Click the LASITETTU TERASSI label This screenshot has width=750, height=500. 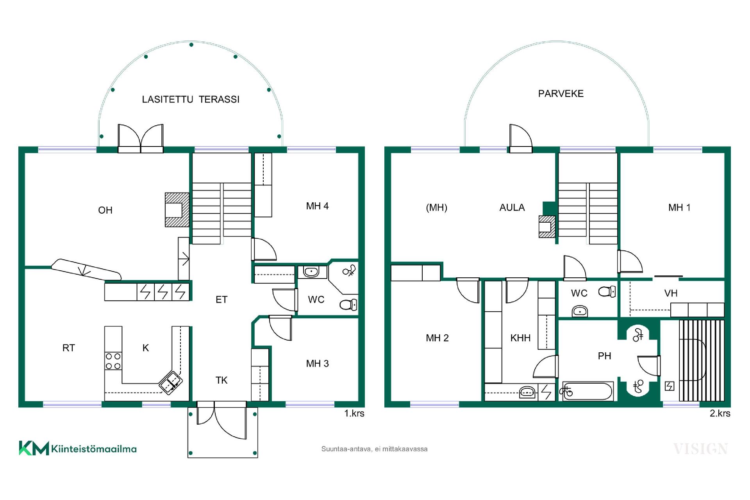[191, 99]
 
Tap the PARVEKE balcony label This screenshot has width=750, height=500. [561, 93]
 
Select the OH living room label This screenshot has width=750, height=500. [105, 210]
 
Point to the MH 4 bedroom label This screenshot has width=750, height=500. [317, 206]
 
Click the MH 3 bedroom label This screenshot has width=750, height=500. [317, 364]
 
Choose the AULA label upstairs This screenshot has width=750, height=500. [512, 207]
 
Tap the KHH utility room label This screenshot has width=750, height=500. [520, 338]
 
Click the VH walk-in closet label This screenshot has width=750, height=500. [671, 293]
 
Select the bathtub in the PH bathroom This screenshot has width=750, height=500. [587, 391]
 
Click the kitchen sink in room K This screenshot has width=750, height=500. [171, 382]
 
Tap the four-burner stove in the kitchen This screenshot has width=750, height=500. [113, 361]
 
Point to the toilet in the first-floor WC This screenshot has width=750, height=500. [348, 304]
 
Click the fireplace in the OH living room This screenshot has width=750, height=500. [177, 210]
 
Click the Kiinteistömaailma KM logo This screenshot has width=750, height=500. [78, 448]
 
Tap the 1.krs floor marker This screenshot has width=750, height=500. [354, 413]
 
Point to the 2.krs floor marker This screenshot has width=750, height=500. [720, 413]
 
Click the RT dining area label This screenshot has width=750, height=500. [68, 348]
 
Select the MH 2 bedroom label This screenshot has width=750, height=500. [437, 338]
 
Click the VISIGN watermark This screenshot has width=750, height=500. [700, 449]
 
